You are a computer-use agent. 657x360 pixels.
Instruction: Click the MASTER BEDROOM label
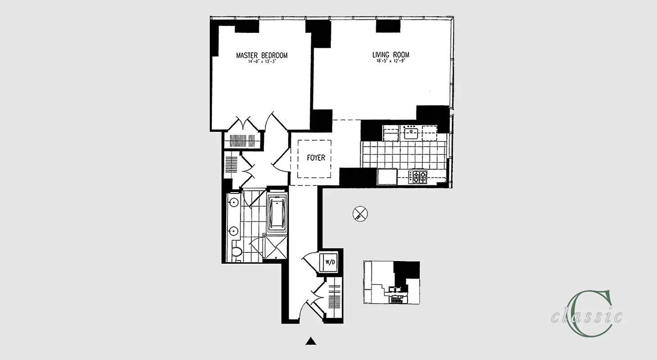click(x=262, y=55)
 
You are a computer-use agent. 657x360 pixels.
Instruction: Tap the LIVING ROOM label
click(x=390, y=55)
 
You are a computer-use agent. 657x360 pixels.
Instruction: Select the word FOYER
click(x=316, y=158)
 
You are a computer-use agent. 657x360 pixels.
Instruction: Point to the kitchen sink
click(x=411, y=133)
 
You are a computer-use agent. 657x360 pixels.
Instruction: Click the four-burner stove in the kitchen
click(x=419, y=176)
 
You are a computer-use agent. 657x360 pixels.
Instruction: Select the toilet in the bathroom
click(x=236, y=253)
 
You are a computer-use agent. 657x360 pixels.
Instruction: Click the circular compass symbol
click(x=360, y=213)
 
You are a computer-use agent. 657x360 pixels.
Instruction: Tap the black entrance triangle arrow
click(x=310, y=341)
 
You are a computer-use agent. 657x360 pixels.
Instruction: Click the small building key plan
click(x=391, y=283)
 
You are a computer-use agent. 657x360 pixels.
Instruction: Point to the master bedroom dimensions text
click(x=261, y=62)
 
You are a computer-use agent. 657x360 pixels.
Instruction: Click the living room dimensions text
click(x=390, y=62)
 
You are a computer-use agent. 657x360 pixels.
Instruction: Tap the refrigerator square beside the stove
click(x=387, y=176)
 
